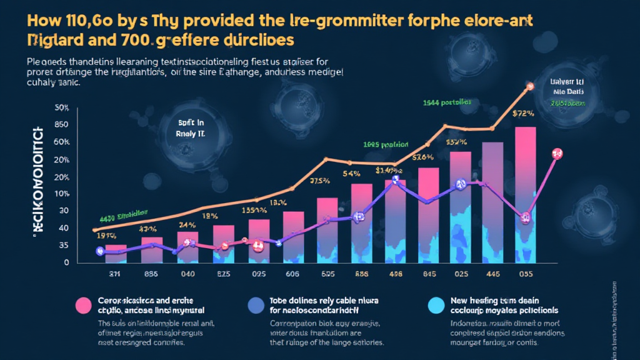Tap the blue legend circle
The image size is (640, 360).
tap(256, 305)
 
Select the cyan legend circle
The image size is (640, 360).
tap(435, 305)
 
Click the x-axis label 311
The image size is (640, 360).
tap(115, 273)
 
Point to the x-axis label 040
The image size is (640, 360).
tap(187, 273)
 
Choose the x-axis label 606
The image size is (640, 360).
tap(292, 273)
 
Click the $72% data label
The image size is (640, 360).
tap(524, 114)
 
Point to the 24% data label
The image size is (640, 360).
tap(187, 225)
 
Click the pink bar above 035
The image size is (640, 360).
tap(525, 162)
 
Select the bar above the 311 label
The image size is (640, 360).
tap(116, 253)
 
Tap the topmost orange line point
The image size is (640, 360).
tap(530, 86)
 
